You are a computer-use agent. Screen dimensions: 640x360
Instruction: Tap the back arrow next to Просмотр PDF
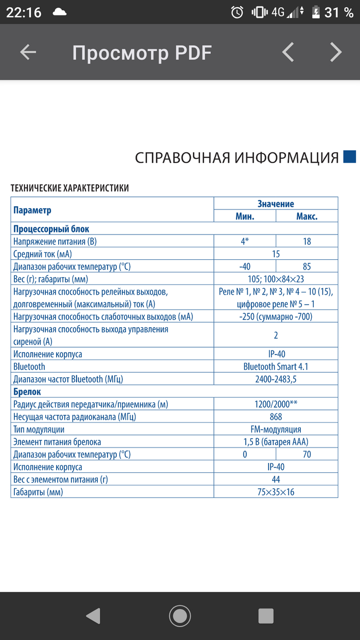[28, 52]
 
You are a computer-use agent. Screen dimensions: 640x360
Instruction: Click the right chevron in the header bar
[335, 52]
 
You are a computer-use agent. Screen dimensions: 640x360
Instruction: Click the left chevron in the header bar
[289, 52]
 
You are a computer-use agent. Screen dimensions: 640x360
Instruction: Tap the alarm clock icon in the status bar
[237, 12]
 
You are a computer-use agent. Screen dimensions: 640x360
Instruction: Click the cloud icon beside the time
[60, 12]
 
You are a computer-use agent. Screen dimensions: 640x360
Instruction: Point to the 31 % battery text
[338, 12]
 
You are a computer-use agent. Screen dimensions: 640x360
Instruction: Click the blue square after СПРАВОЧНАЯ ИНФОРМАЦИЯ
[350, 156]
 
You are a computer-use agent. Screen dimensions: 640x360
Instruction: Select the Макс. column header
[307, 216]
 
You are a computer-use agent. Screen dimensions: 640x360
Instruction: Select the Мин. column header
[245, 216]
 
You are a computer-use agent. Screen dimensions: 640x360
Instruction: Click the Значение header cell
[276, 204]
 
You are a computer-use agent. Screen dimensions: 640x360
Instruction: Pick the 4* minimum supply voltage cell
[245, 241]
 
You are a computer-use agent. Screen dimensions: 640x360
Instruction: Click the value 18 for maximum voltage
[307, 241]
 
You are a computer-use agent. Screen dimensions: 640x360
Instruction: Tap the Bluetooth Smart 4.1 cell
[276, 367]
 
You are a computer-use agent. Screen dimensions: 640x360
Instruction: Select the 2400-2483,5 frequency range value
[276, 379]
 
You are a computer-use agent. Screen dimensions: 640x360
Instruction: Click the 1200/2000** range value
[276, 404]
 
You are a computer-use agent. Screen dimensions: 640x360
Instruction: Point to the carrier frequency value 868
[276, 417]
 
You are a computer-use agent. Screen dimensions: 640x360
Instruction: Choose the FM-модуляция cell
[276, 429]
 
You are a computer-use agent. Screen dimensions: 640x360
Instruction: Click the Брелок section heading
[27, 392]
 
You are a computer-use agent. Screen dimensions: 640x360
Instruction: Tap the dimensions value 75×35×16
[276, 492]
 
